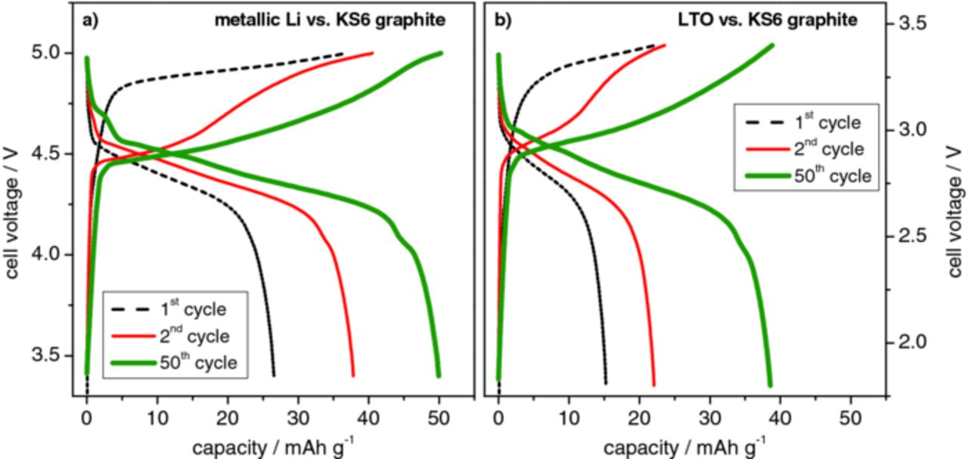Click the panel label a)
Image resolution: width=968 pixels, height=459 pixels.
point(91,20)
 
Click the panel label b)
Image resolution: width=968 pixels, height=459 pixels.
point(503,20)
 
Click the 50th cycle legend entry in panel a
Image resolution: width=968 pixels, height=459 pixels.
point(174,363)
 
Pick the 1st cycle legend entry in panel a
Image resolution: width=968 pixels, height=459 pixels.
point(174,309)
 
